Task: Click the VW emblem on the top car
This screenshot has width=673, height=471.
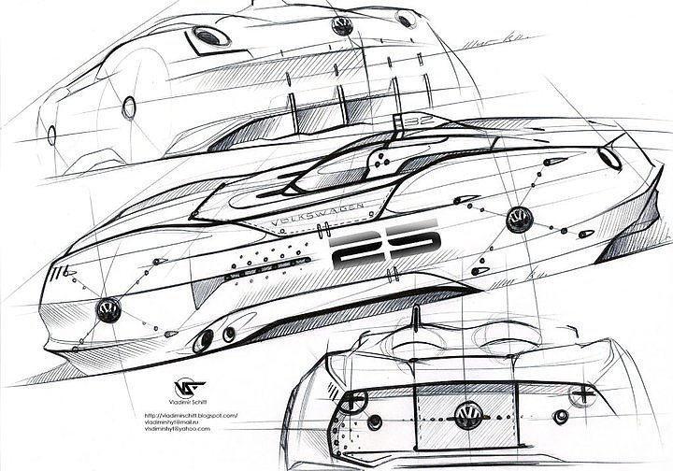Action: tap(342, 25)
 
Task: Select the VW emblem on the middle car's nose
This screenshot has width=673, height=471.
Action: tap(110, 309)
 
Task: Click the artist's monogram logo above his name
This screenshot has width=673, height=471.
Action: tap(187, 388)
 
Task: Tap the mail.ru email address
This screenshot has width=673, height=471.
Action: tap(179, 421)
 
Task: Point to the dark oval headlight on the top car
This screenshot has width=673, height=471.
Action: tap(212, 36)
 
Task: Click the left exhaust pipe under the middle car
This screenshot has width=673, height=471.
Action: tap(203, 342)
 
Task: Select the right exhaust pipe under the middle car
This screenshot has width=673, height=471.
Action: tap(229, 334)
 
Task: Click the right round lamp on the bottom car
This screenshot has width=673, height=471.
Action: tap(561, 417)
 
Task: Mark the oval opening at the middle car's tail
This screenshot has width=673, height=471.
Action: tap(609, 156)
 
